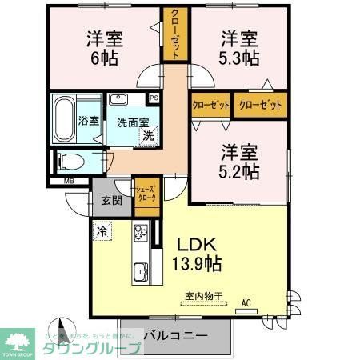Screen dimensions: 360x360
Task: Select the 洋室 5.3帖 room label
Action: click(x=239, y=48)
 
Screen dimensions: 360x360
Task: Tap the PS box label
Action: click(x=154, y=98)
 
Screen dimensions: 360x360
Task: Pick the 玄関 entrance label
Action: click(x=111, y=200)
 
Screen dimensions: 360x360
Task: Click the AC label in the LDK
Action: click(x=246, y=303)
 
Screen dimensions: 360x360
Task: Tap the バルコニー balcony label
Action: click(x=176, y=334)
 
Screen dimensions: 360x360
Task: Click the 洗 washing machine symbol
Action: click(x=148, y=135)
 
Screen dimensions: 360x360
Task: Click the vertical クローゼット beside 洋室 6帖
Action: click(x=174, y=34)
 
